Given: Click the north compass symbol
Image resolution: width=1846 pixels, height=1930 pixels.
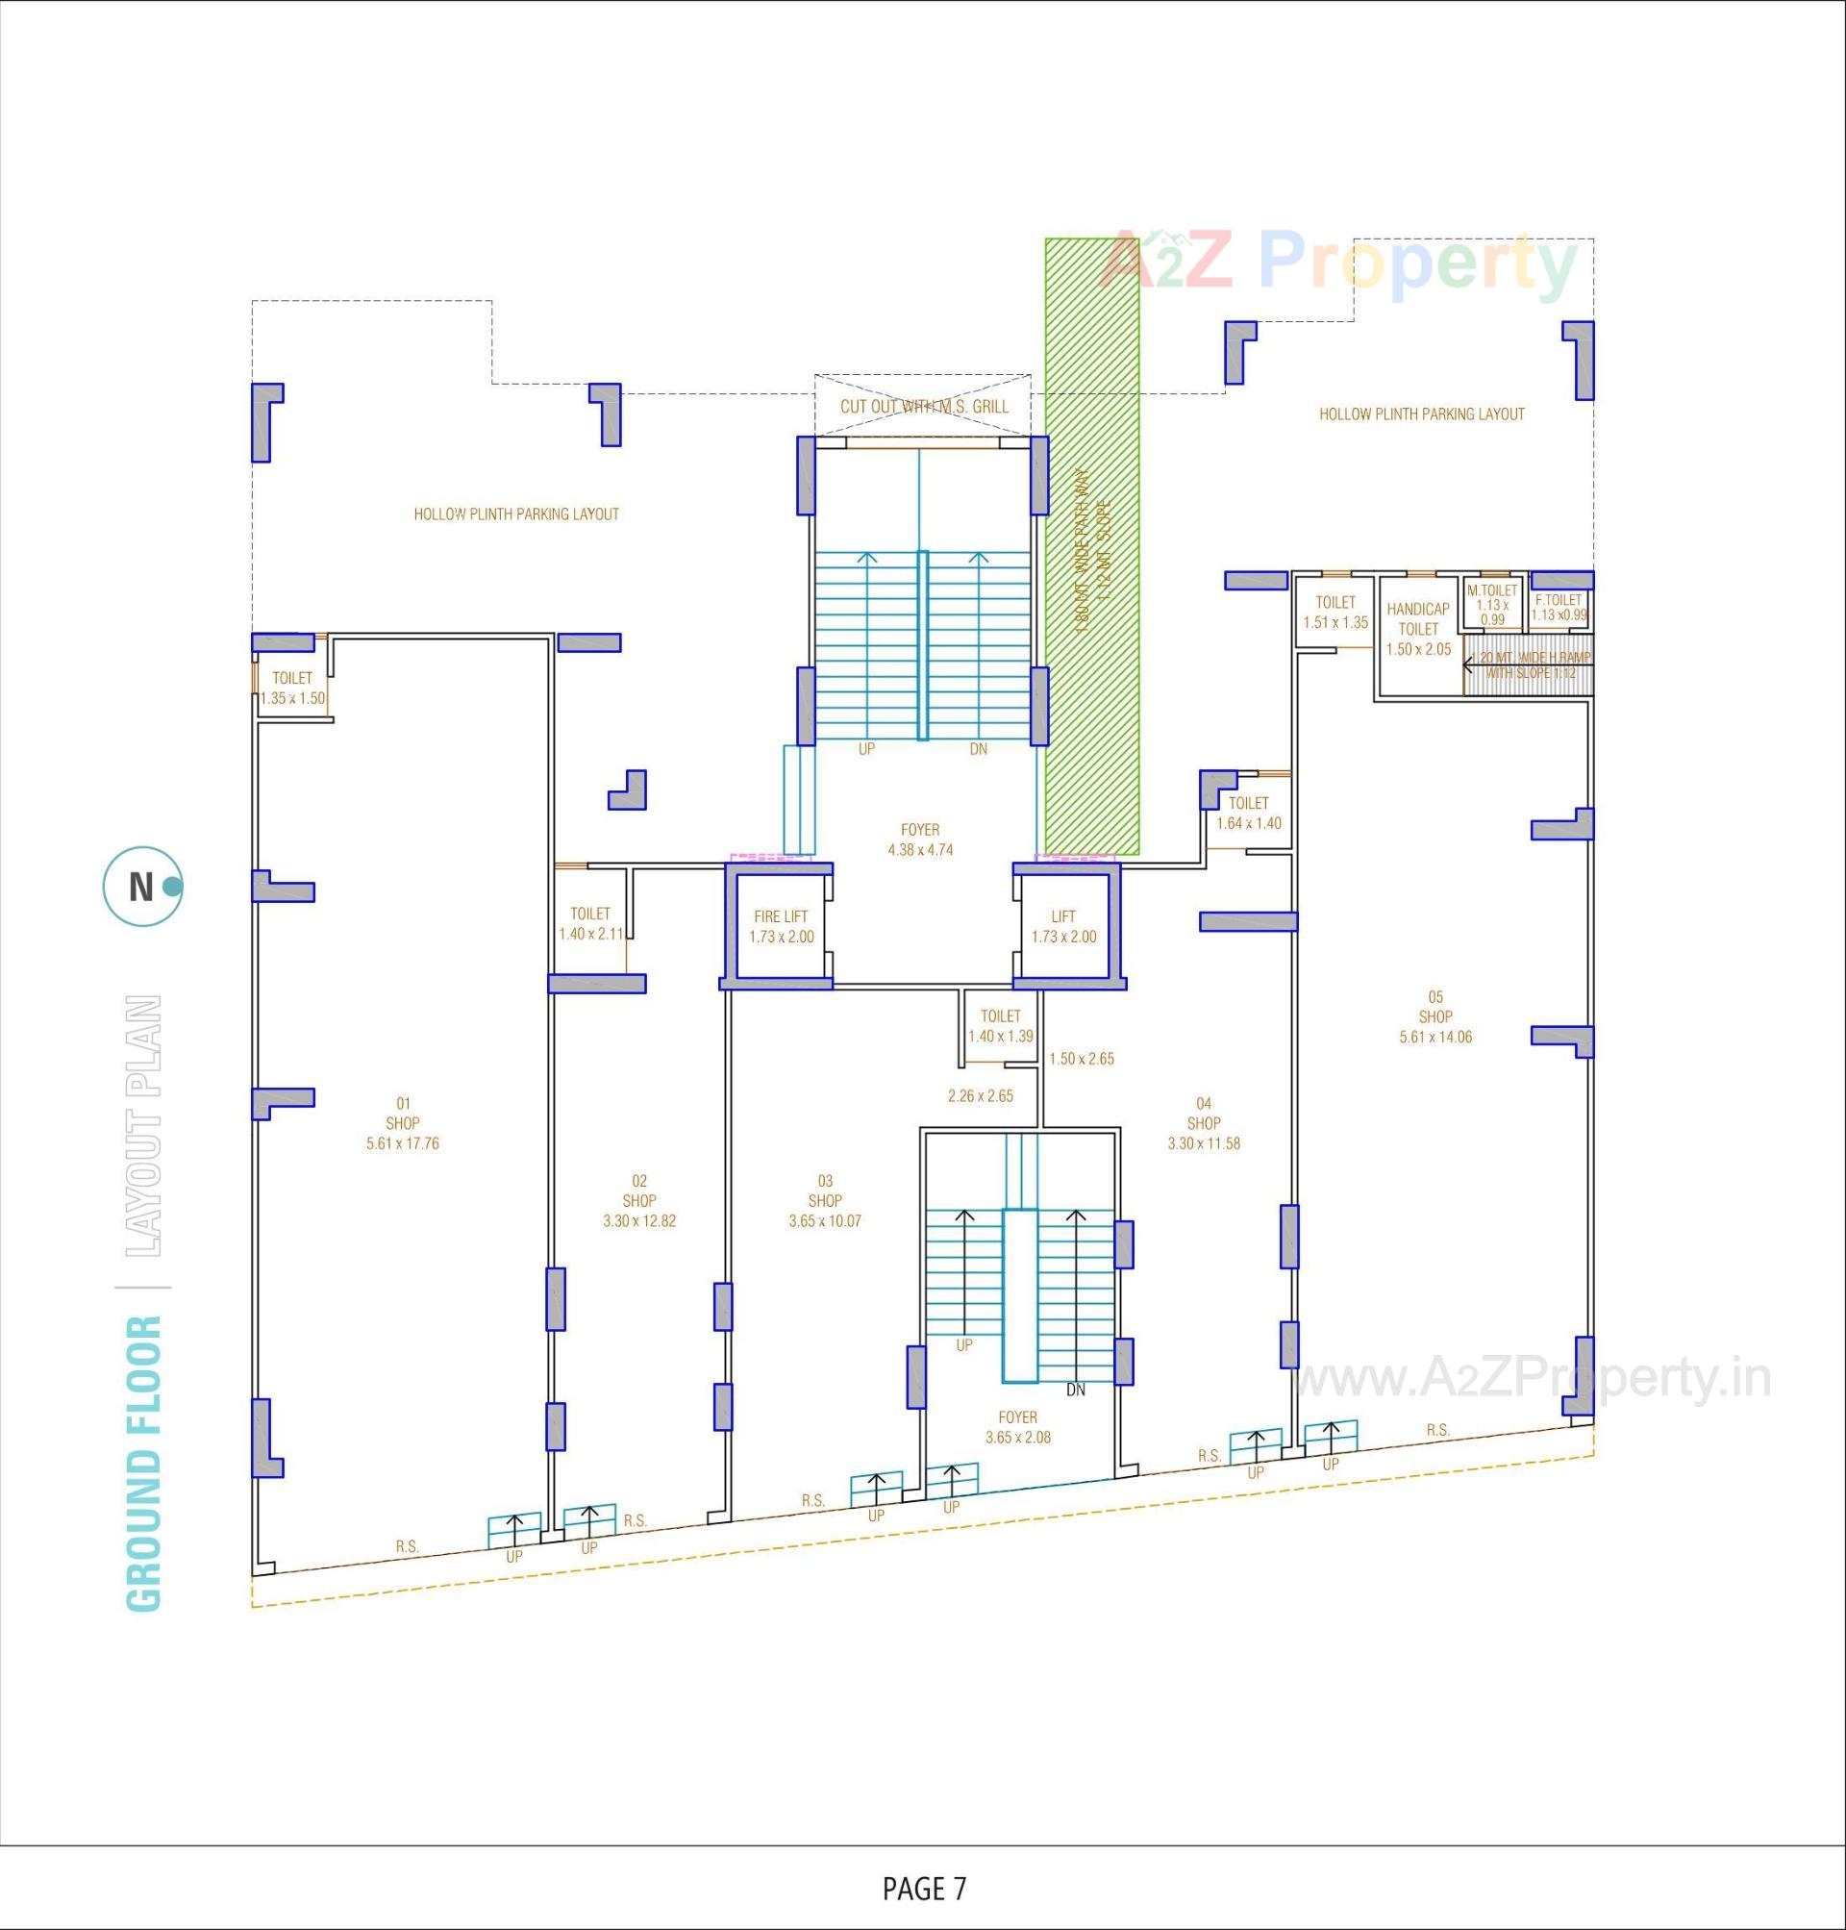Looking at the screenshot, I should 141,887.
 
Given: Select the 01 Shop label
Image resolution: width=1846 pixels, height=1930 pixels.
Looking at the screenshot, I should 403,1123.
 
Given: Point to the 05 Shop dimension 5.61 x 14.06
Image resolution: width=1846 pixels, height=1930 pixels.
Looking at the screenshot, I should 1435,1037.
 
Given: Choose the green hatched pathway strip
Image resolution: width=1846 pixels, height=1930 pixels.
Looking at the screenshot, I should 1092,546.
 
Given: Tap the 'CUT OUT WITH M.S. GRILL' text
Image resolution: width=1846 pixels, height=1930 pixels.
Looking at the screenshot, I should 924,406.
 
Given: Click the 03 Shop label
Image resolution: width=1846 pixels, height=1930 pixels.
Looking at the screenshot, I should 825,1201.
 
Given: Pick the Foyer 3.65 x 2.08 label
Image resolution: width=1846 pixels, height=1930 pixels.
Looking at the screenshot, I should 1017,1427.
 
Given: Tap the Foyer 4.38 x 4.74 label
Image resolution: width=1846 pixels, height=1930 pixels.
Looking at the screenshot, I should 920,840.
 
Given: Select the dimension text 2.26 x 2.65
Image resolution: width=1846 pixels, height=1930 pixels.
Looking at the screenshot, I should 980,1095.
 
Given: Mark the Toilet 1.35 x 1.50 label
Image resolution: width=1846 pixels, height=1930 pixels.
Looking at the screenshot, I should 292,688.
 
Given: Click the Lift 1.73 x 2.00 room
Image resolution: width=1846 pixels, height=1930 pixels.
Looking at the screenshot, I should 1063,926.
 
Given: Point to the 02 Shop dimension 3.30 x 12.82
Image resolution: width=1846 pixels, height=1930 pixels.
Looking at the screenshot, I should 639,1220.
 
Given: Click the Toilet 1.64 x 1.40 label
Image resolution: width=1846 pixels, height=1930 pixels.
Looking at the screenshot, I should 1249,813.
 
